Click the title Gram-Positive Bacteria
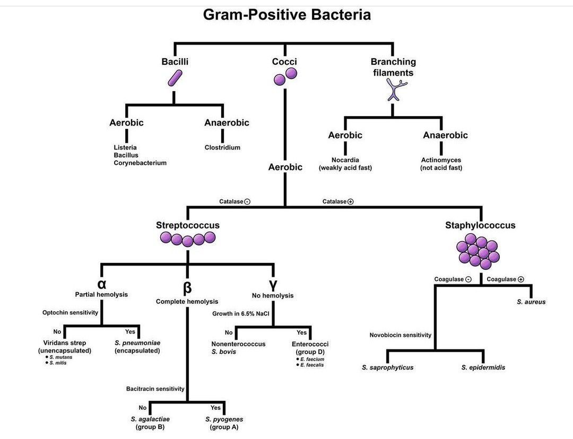[286, 14]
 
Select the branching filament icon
[393, 90]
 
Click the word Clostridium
[222, 147]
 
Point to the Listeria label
[125, 147]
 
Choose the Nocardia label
[345, 160]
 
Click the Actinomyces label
[441, 160]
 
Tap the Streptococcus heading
[187, 225]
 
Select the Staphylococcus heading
[480, 225]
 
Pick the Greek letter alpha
[101, 283]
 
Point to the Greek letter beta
[187, 288]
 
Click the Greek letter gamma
[273, 283]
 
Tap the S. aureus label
[531, 302]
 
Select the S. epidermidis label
[483, 367]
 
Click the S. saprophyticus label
[387, 367]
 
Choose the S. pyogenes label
[224, 419]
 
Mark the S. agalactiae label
[150, 419]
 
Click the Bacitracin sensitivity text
[155, 389]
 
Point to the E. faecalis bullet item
[311, 365]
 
